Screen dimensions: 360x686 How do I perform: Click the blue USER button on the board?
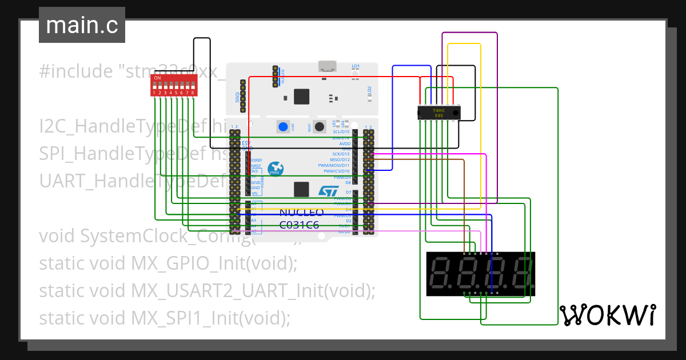pos(283,126)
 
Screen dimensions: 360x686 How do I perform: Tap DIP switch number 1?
pos(154,86)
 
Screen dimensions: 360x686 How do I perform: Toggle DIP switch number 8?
pos(193,86)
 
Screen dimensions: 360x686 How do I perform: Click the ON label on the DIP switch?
pos(157,78)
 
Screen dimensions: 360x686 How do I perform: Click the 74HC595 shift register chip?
pos(438,112)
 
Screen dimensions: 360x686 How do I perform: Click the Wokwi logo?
pos(607,315)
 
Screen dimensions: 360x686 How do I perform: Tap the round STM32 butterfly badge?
pos(276,168)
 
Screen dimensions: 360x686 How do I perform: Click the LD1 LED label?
pos(356,66)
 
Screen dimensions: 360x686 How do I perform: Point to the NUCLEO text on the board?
pos(301,213)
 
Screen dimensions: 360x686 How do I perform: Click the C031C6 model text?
pos(299,225)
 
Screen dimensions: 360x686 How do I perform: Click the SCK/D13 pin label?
pos(341,154)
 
